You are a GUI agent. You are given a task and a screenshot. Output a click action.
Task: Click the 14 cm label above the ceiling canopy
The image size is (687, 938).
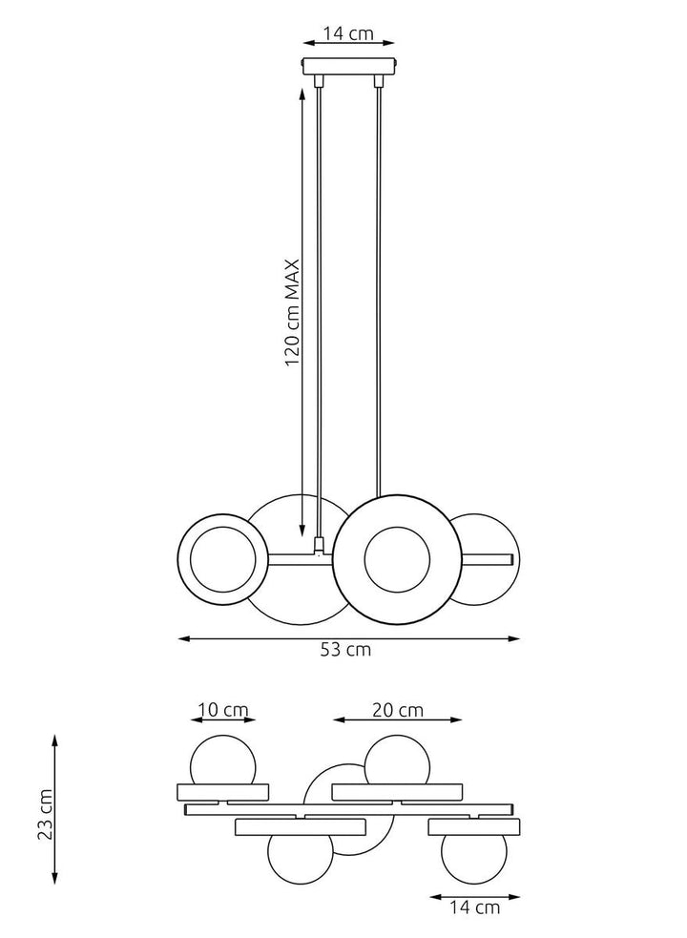point(348,34)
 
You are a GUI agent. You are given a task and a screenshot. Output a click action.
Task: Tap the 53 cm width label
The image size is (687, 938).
point(345,651)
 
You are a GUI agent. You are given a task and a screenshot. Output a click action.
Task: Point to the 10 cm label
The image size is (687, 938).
point(223,710)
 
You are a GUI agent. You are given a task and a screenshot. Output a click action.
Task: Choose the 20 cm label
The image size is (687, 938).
point(397,710)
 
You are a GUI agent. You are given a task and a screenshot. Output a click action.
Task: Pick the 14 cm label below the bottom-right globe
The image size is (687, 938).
point(474,907)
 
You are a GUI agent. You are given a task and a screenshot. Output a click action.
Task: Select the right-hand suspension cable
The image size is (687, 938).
point(379,286)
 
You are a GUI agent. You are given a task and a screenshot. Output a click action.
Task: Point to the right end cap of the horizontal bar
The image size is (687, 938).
point(511,559)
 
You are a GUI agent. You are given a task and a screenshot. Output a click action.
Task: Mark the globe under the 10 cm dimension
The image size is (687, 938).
point(223,761)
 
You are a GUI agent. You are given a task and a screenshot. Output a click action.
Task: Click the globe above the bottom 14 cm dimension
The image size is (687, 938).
point(473,856)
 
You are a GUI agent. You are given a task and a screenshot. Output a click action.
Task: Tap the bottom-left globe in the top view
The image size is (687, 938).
point(299,857)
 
